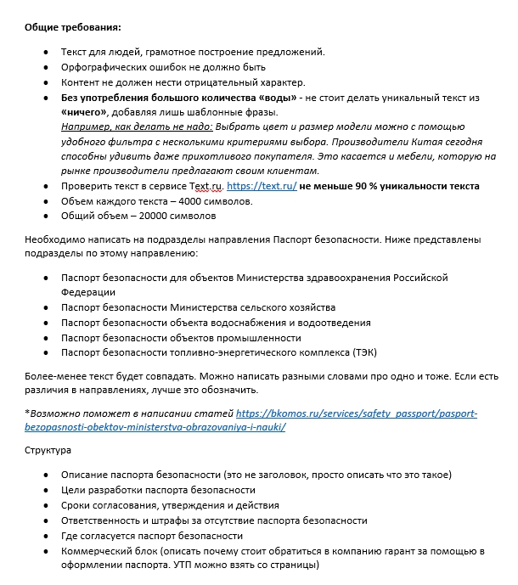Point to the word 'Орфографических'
click(103, 67)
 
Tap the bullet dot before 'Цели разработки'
click(45, 490)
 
